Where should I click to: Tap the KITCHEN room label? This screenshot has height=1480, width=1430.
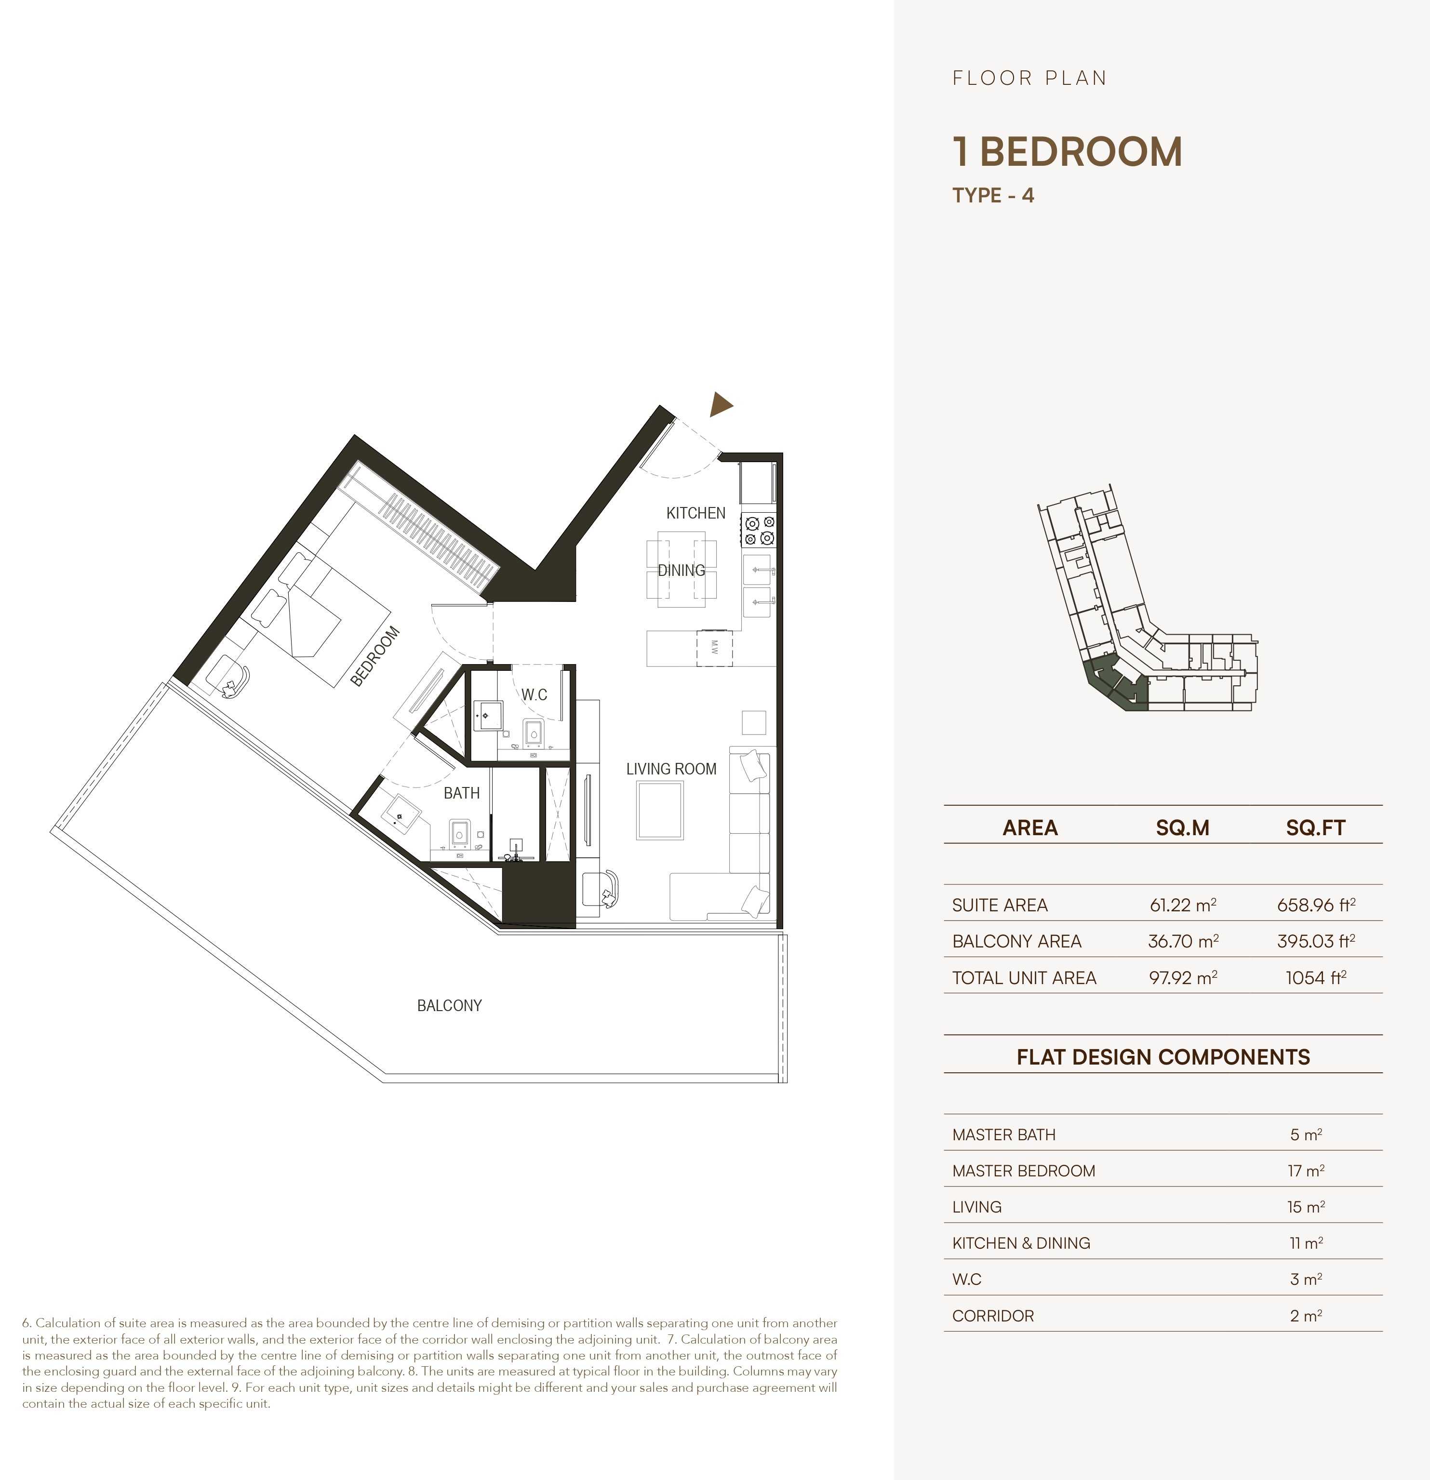point(695,513)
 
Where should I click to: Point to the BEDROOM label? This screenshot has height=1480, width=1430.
point(375,656)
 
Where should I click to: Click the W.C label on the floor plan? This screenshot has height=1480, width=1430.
point(534,694)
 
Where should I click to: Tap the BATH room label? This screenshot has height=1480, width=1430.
point(461,793)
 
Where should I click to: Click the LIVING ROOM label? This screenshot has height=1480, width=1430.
point(670,769)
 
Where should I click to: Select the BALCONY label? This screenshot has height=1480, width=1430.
point(449,1005)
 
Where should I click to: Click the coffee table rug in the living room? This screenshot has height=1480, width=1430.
point(660,810)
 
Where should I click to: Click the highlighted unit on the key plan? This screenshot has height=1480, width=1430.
point(1116,683)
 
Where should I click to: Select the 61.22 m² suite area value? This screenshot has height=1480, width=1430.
point(1182,905)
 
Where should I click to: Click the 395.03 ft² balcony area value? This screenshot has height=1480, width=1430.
point(1315,941)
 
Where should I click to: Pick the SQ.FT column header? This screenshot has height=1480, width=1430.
point(1315,827)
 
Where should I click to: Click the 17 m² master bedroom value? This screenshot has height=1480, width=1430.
point(1306,1171)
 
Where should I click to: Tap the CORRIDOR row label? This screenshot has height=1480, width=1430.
point(993,1315)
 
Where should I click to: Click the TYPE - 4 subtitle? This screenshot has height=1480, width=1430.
point(993,196)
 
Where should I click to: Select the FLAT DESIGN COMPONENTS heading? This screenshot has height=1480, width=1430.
point(1163,1056)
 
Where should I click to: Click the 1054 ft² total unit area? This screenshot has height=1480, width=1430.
point(1315,978)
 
